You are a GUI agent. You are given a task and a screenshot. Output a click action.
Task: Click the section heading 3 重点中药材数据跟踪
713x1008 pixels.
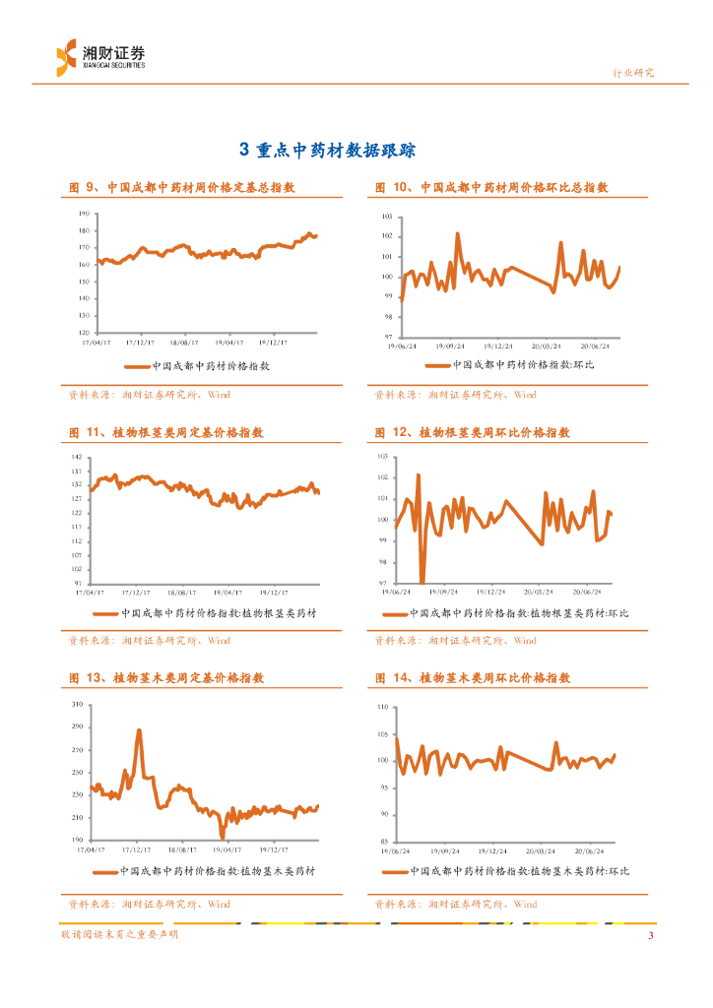click(x=328, y=150)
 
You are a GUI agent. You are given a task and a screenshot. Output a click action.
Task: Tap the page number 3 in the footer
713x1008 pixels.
click(x=650, y=935)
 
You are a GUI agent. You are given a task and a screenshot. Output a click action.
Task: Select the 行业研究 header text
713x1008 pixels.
click(x=632, y=73)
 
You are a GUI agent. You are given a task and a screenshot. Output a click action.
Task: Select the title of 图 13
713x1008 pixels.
click(x=166, y=678)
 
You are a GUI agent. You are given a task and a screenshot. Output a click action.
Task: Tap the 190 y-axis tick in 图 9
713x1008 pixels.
click(x=84, y=213)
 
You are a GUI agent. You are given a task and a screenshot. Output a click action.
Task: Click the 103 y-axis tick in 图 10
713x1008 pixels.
click(x=386, y=216)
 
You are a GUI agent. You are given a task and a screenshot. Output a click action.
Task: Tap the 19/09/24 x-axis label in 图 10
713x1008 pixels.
click(x=448, y=346)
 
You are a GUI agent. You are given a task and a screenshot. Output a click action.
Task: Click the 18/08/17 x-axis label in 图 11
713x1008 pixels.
click(x=183, y=593)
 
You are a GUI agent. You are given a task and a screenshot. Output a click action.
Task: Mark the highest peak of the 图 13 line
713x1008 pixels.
click(x=139, y=730)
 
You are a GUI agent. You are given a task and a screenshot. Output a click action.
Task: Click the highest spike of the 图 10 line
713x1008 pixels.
click(x=458, y=234)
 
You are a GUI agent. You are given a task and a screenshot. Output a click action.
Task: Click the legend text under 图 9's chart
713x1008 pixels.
click(x=211, y=365)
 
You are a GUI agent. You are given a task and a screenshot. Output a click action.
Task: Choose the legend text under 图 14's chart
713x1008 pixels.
click(x=518, y=871)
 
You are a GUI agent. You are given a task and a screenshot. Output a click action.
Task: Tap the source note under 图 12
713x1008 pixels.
click(x=456, y=640)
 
